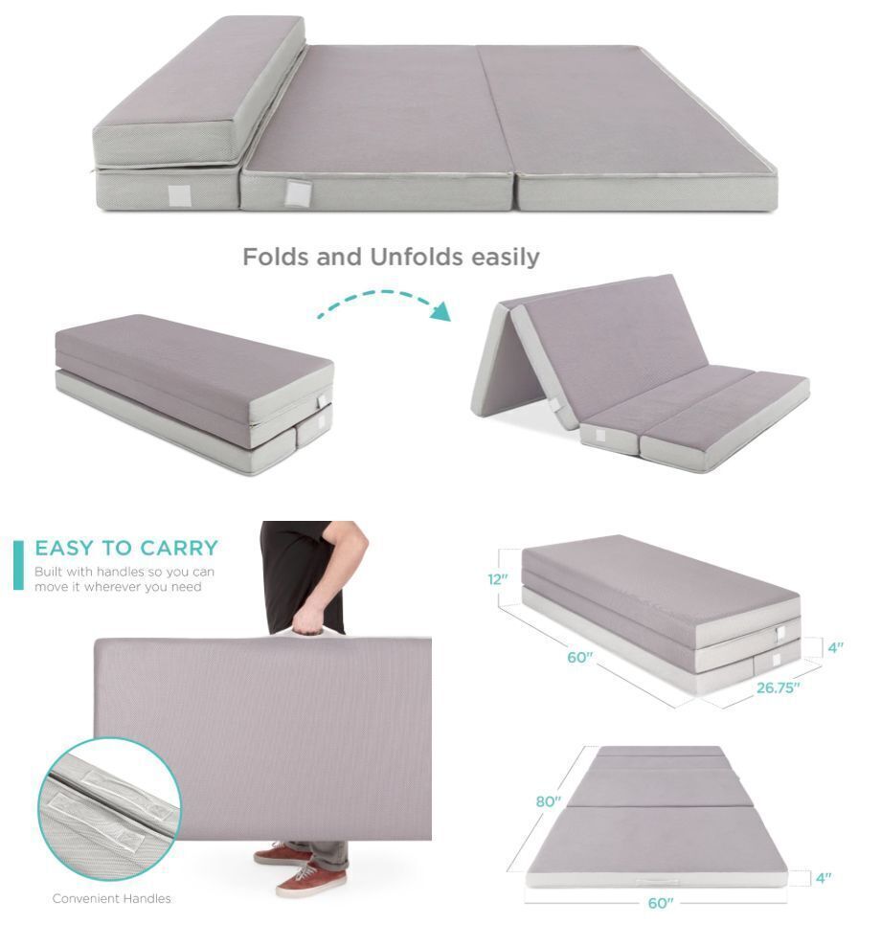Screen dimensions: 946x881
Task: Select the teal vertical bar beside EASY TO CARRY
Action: point(18,565)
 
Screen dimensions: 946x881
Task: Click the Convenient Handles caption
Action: point(111,898)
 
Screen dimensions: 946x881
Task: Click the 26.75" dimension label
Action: point(778,687)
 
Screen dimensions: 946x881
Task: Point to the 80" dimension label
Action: point(548,801)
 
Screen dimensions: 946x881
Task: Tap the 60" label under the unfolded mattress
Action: point(661,903)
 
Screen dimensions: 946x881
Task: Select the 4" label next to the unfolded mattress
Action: point(822,877)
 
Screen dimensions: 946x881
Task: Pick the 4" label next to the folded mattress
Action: point(835,647)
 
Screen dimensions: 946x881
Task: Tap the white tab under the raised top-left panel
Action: point(179,195)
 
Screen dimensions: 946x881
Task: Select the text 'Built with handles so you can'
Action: point(124,572)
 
